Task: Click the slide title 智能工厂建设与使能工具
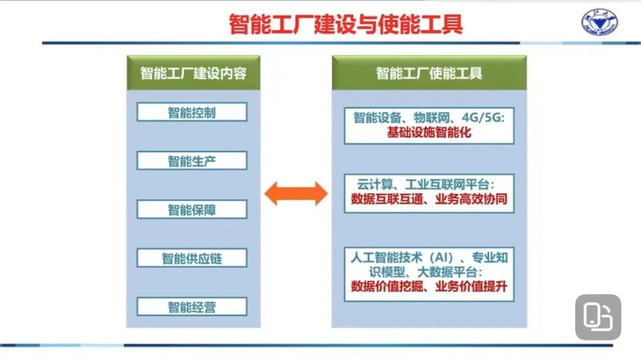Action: pyautogui.click(x=346, y=24)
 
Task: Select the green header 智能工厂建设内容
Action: pyautogui.click(x=193, y=73)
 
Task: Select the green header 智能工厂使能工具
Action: pyautogui.click(x=429, y=73)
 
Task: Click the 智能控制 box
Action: pyautogui.click(x=192, y=112)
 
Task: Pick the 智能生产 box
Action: pyautogui.click(x=192, y=161)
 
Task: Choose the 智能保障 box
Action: pyautogui.click(x=192, y=209)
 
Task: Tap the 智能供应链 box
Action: pyautogui.click(x=192, y=258)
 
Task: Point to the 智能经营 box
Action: pyautogui.click(x=192, y=307)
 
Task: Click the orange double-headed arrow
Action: pyautogui.click(x=296, y=193)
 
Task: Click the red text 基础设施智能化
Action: pyautogui.click(x=429, y=132)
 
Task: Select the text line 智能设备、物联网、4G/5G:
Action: pyautogui.click(x=429, y=117)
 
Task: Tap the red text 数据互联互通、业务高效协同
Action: pyautogui.click(x=429, y=199)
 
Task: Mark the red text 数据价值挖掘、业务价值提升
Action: pyautogui.click(x=429, y=286)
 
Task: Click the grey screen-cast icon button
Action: pyautogui.click(x=598, y=317)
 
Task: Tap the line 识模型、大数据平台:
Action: pyautogui.click(x=426, y=272)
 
